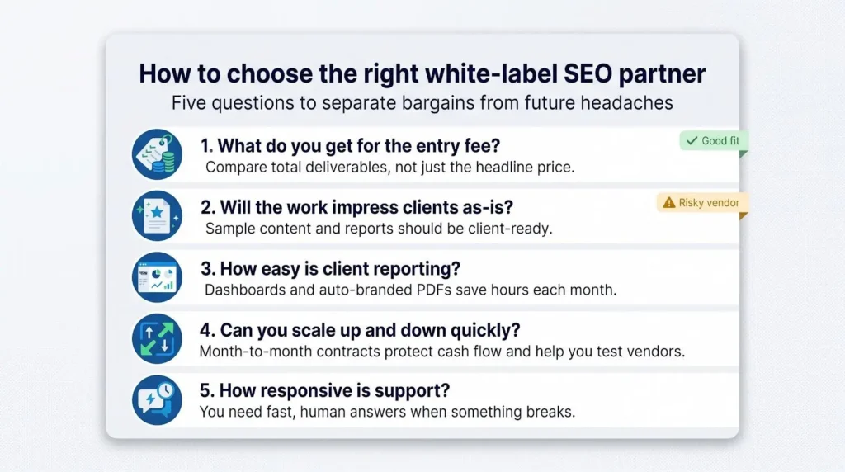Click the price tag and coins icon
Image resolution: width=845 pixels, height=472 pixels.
[x=157, y=154]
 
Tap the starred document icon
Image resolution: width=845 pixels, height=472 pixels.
[x=157, y=215]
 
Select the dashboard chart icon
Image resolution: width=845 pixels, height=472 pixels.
[x=157, y=277]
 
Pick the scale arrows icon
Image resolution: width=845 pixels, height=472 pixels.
[x=157, y=338]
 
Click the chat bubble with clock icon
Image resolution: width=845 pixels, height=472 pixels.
[x=157, y=400]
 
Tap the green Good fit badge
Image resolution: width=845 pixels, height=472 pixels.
[x=714, y=141]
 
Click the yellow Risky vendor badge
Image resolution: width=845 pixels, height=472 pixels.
[x=702, y=203]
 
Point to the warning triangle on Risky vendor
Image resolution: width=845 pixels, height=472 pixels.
[x=668, y=203]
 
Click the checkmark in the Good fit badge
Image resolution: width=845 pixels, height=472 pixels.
[x=692, y=140]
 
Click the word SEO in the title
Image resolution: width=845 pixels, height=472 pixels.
[x=588, y=73]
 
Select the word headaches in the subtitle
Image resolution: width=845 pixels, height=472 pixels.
[x=627, y=102]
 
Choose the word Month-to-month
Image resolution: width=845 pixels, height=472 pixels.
[x=256, y=352]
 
